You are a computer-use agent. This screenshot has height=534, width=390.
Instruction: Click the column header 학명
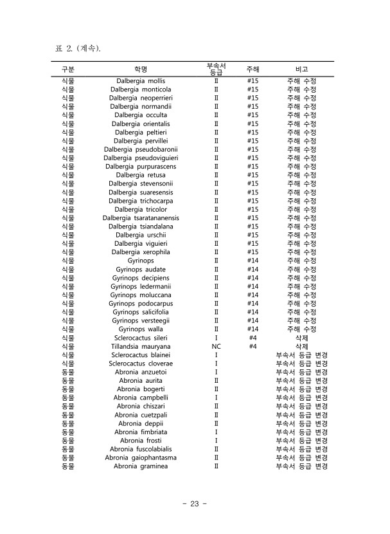coord(141,69)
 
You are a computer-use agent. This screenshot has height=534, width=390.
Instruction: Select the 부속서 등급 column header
coord(216,69)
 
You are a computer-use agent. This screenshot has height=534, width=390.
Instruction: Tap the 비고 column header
coord(301,69)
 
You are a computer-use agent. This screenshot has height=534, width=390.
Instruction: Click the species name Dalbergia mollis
coord(141,81)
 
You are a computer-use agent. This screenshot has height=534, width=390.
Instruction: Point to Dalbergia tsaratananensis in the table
coord(141,218)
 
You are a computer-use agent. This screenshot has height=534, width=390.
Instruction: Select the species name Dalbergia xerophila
coord(141,252)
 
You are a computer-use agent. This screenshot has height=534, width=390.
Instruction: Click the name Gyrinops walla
coord(141,329)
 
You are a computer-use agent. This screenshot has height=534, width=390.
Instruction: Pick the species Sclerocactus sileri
coord(141,338)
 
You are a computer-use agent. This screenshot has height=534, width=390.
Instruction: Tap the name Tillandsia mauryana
coord(141,346)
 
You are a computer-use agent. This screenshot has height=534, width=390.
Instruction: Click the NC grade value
coord(217,346)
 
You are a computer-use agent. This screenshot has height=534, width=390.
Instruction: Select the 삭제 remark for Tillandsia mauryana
coord(301,346)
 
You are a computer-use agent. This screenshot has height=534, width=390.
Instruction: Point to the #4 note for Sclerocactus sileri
coord(253,338)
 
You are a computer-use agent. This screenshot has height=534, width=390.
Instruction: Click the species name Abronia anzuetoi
coord(141,372)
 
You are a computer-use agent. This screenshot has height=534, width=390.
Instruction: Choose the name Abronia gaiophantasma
coord(141,457)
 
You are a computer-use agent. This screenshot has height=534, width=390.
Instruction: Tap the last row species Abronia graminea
coord(141,466)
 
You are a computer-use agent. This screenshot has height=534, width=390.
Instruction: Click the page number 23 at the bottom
coord(195,504)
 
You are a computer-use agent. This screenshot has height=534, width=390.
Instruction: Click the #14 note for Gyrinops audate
coord(253,270)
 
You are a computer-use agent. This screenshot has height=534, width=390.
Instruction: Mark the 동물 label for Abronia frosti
coord(67,441)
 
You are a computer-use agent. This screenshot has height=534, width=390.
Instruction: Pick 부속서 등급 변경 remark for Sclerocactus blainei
coord(301,355)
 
